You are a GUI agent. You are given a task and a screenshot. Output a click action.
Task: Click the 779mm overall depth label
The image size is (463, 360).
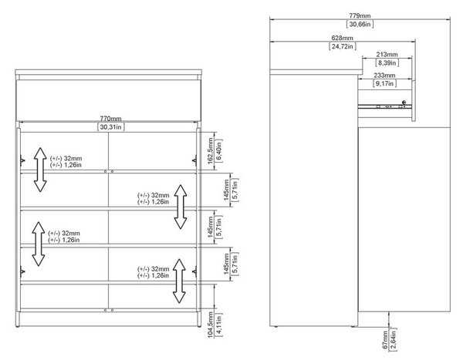pyautogui.click(x=360, y=15)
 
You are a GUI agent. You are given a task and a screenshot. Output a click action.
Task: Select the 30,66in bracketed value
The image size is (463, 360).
pyautogui.click(x=360, y=24)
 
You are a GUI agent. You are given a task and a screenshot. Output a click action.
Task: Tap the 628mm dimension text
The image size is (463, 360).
pyautogui.click(x=342, y=38)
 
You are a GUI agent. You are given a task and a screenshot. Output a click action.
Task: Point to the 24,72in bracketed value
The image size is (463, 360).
pyautogui.click(x=342, y=46)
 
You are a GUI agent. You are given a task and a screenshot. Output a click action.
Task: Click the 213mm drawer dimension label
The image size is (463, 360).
pyautogui.click(x=387, y=54)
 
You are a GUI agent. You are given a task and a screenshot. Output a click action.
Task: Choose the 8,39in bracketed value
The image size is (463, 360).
pyautogui.click(x=387, y=62)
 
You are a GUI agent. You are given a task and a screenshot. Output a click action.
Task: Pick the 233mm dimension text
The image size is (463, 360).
pyautogui.click(x=384, y=76)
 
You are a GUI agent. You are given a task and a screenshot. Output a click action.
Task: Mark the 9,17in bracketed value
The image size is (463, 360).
pyautogui.click(x=384, y=83)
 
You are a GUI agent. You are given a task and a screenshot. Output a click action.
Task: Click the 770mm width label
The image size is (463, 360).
pyautogui.click(x=110, y=119)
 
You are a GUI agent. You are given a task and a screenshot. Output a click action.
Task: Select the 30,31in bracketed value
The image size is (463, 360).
pyautogui.click(x=110, y=127)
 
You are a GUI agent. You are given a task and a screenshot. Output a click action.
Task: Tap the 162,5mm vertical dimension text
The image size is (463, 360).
pyautogui.click(x=210, y=150)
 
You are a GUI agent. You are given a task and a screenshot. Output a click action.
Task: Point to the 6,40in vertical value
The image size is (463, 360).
pyautogui.click(x=219, y=150)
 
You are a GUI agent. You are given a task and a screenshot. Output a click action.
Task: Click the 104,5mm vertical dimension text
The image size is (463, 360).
pyautogui.click(x=210, y=325)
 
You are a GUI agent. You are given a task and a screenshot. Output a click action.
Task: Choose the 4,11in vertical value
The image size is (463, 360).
pyautogui.click(x=219, y=325)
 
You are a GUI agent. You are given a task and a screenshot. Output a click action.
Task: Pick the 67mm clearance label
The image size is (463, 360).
pyautogui.click(x=385, y=340)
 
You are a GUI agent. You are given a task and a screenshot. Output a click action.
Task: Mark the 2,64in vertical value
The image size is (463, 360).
pyautogui.click(x=394, y=339)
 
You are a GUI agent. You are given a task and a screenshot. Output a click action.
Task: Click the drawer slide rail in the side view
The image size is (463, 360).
pyautogui.click(x=385, y=106)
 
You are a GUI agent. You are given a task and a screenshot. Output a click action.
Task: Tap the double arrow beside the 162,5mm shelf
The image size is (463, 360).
pyautogui.click(x=40, y=170)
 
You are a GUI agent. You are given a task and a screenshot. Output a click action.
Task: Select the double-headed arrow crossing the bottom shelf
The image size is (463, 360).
pyautogui.click(x=179, y=281)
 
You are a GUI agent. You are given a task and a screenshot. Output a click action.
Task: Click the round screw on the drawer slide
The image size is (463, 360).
pyautogui.click(x=404, y=103)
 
